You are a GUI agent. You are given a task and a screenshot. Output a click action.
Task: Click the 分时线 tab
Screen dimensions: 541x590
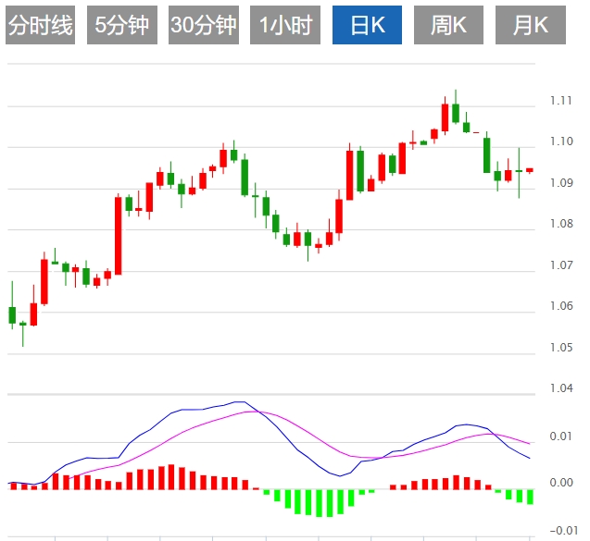click(x=40, y=25)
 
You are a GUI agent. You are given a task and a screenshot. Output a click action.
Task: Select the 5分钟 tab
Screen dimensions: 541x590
click(x=122, y=25)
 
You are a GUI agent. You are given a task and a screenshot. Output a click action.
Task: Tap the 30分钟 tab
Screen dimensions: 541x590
click(x=204, y=25)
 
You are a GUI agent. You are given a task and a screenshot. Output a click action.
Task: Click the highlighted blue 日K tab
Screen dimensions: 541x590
click(x=368, y=25)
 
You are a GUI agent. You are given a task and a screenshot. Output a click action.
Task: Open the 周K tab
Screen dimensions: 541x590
click(x=448, y=25)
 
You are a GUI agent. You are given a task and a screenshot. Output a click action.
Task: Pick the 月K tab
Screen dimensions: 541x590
click(x=530, y=25)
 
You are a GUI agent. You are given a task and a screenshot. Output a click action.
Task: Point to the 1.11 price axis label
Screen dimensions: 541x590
click(x=560, y=100)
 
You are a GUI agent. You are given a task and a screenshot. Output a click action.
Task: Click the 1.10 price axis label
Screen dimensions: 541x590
click(x=560, y=141)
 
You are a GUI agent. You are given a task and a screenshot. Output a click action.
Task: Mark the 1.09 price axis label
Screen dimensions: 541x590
click(x=560, y=183)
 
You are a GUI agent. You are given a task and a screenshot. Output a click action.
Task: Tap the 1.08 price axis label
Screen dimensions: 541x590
click(x=560, y=224)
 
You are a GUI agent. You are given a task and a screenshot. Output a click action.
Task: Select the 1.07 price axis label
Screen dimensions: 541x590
click(x=560, y=265)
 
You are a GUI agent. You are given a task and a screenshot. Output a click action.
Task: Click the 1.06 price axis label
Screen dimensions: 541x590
click(x=560, y=306)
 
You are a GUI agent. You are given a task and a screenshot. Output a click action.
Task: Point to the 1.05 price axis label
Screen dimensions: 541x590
click(x=560, y=348)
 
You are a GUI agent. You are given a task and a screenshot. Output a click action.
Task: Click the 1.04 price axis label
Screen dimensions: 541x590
click(x=560, y=389)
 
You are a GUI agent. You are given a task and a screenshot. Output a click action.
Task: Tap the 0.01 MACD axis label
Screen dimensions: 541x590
click(x=561, y=436)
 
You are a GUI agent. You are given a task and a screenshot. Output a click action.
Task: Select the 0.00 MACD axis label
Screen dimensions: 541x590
click(x=561, y=483)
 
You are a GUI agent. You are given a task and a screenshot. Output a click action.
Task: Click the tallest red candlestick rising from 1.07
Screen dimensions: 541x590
click(x=119, y=235)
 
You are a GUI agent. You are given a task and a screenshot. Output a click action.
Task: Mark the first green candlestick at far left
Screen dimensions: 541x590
click(x=12, y=314)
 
